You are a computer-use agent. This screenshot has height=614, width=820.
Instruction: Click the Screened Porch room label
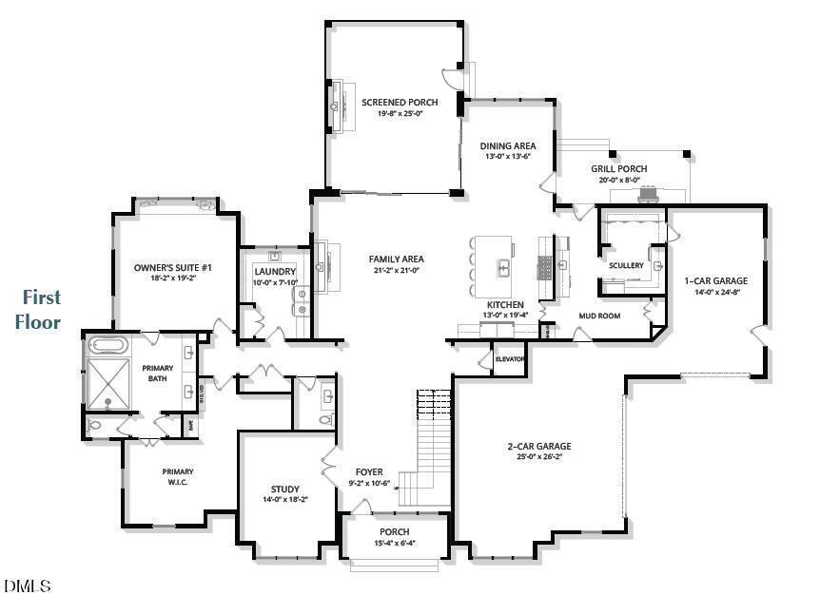[x=399, y=102]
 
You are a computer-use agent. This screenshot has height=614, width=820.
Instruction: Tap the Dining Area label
[x=507, y=145]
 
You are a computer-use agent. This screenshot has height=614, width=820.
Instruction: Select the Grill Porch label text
[x=618, y=168]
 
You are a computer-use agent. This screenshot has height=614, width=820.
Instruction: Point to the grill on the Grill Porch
[x=649, y=195]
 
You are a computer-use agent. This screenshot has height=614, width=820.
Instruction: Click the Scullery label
[x=626, y=265]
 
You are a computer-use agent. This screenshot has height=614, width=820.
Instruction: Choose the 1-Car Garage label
[x=715, y=280]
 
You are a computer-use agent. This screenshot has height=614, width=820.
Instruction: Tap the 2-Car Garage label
[x=538, y=446]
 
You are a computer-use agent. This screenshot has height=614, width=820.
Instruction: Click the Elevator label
[x=510, y=359]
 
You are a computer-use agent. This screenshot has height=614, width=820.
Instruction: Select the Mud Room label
[x=599, y=315]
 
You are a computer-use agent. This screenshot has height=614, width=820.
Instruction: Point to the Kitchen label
[x=505, y=305]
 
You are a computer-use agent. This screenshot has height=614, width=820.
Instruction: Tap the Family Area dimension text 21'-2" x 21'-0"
[x=396, y=270]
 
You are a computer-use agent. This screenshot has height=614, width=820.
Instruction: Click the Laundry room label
[x=275, y=271]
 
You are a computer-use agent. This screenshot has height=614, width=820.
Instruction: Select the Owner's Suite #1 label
[x=172, y=268]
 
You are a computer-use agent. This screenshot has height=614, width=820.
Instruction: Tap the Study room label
[x=284, y=489]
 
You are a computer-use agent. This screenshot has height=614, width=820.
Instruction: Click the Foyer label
[x=369, y=471]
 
